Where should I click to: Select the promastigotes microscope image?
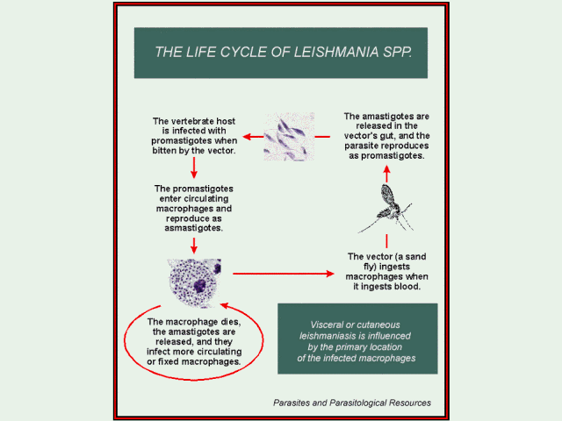point(289,136)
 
